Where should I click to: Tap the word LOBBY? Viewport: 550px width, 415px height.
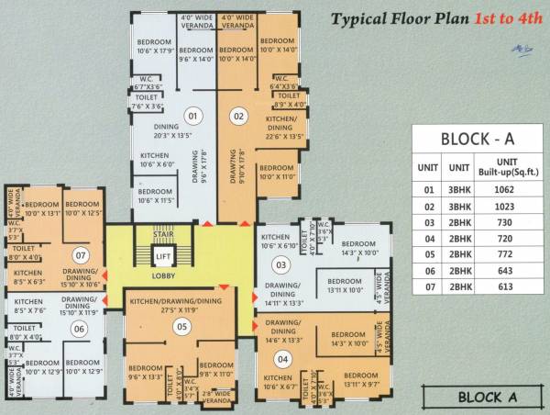[161, 275]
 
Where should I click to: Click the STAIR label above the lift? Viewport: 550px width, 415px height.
[162, 235]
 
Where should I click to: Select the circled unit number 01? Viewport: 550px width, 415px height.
[192, 117]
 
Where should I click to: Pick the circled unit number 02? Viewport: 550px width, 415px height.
[238, 117]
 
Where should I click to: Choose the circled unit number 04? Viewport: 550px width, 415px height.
[282, 359]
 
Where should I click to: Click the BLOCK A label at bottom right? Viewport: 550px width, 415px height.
[492, 398]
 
